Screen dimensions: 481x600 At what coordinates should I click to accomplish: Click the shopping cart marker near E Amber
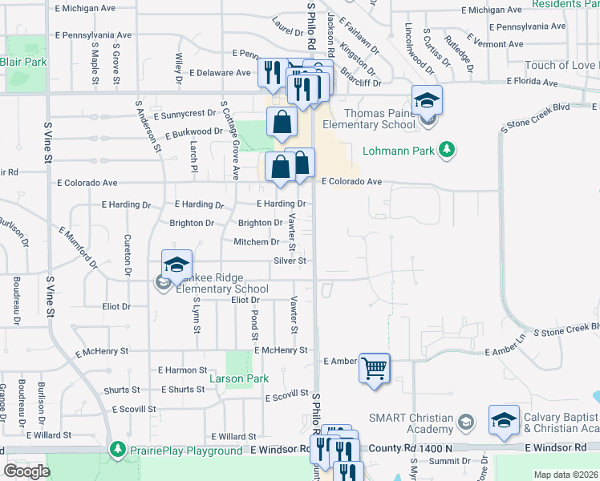(x=374, y=369)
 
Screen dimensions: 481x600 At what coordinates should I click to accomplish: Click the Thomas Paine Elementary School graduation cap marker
(x=428, y=101)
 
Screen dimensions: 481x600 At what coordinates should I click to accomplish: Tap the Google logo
(x=26, y=471)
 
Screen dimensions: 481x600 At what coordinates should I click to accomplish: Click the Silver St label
(x=290, y=261)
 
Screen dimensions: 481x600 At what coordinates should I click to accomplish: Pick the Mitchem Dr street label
(x=256, y=241)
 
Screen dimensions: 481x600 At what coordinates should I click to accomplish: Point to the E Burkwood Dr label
(x=193, y=131)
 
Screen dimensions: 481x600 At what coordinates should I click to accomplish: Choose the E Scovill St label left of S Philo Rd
(x=286, y=394)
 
